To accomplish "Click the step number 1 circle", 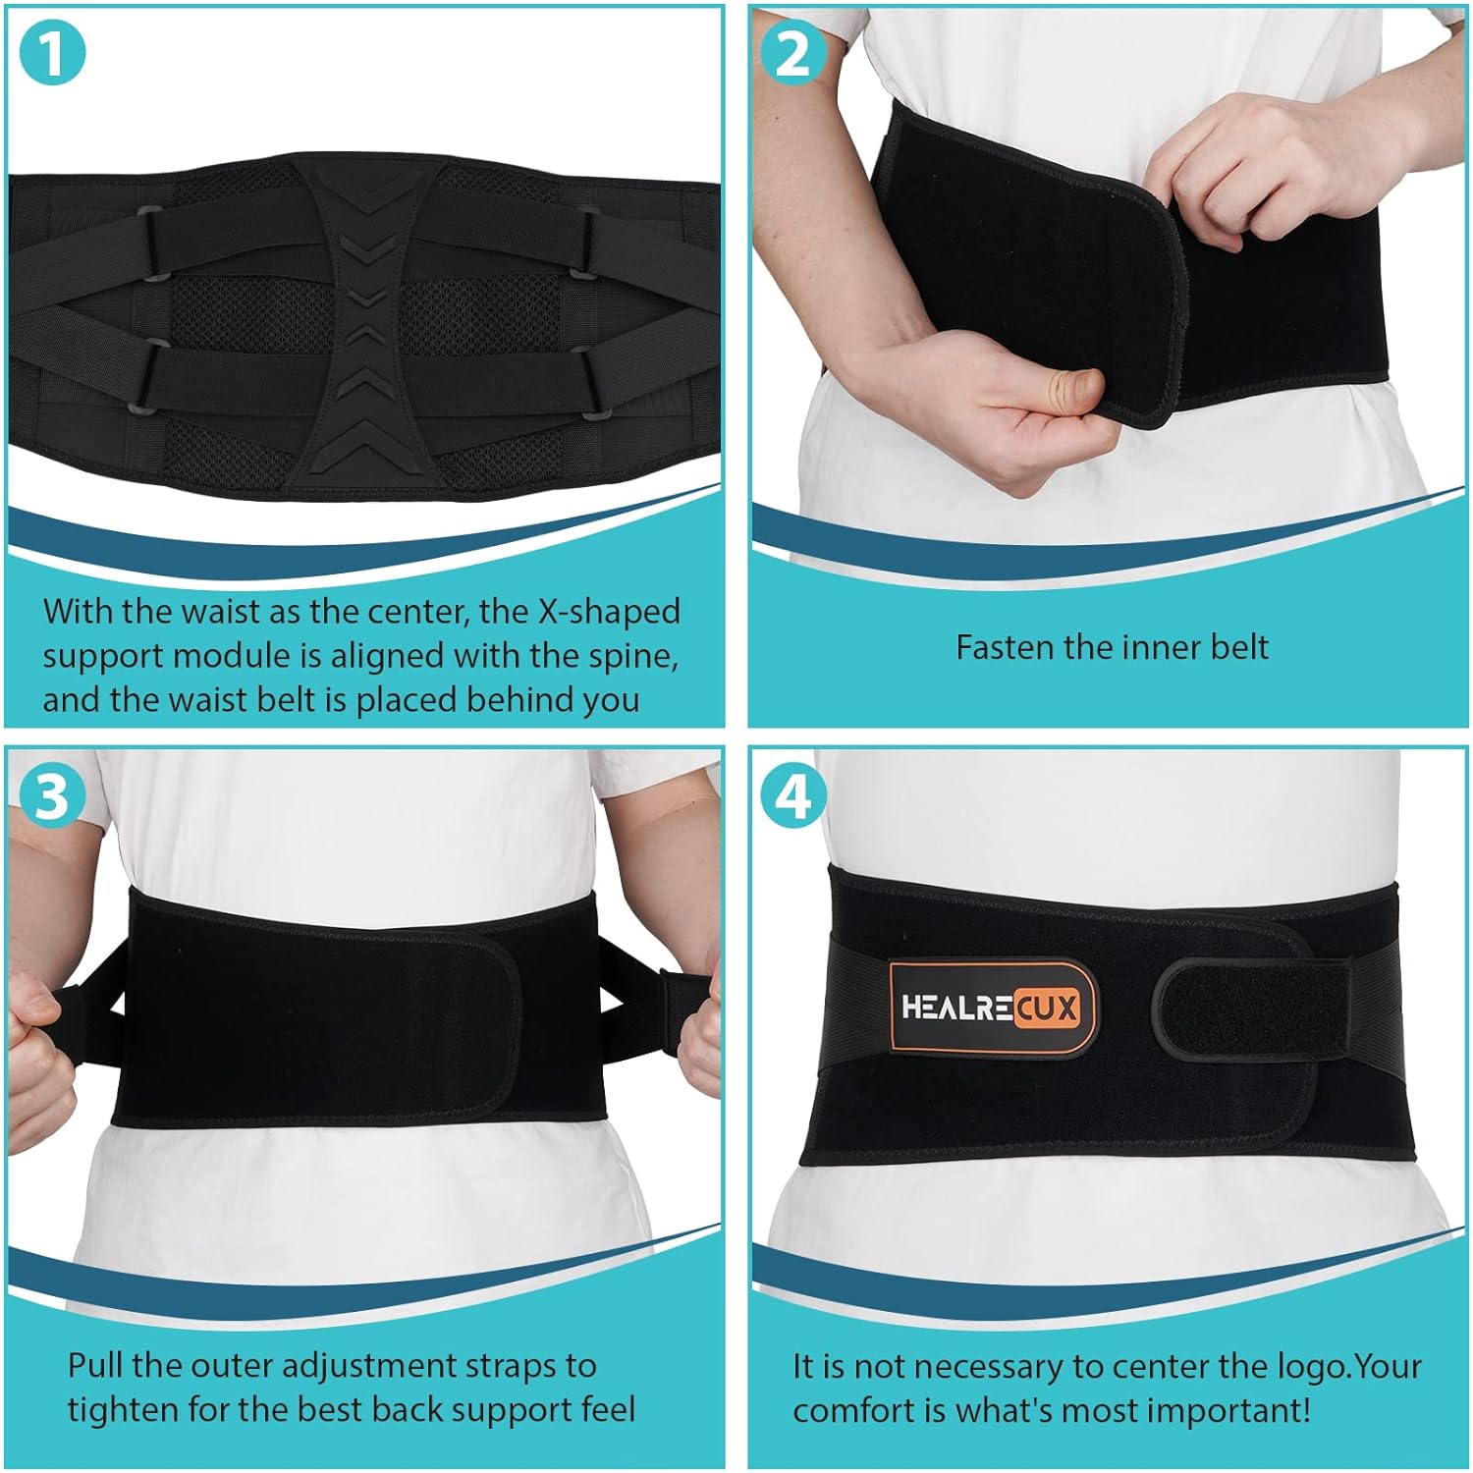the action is [53, 55].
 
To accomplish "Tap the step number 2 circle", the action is [792, 55].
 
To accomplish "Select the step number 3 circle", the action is [53, 797].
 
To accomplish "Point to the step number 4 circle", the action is [792, 797].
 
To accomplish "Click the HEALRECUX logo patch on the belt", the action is [990, 1008].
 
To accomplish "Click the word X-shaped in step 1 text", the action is [608, 612].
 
